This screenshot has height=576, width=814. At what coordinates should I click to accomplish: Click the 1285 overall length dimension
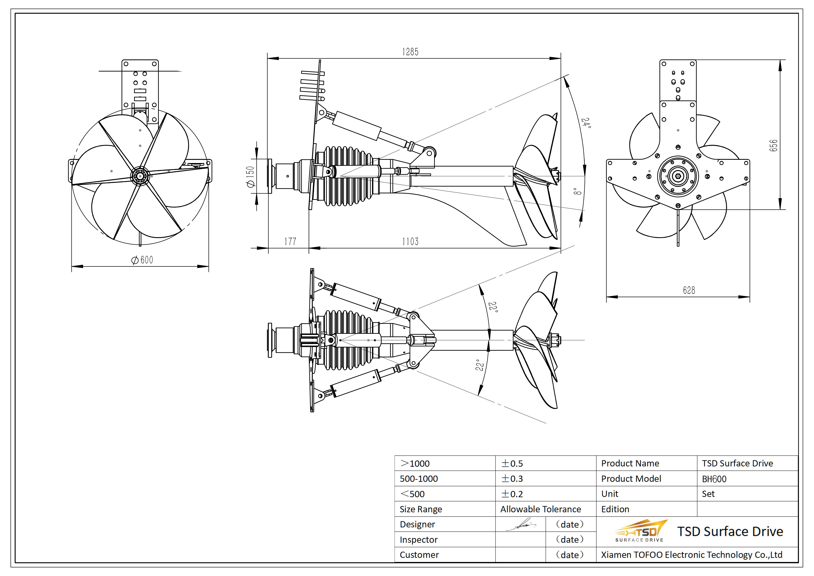410,52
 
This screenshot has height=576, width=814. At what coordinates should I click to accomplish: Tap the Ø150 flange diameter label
250,176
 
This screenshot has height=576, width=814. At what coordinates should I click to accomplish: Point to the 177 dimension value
290,242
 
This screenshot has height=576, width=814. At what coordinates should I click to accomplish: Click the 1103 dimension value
410,242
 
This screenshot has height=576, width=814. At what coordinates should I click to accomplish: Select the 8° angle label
577,192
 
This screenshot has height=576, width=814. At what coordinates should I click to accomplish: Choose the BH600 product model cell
714,479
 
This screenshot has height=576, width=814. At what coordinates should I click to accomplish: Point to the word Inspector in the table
419,540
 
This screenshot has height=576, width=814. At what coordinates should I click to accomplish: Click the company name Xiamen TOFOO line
691,555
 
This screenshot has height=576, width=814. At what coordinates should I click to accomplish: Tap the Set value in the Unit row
708,494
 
